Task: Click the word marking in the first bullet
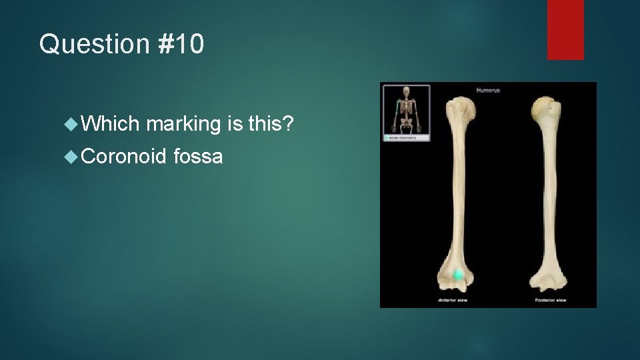pos(183,125)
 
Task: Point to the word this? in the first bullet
pos(271,123)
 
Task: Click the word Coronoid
pos(123,157)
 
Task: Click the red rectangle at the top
pos(565,29)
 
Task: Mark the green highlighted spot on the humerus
pos(458,275)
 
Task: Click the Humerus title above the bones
pos(488,89)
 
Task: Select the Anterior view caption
pos(452,301)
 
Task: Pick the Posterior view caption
pos(550,301)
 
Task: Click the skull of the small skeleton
pos(406,91)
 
